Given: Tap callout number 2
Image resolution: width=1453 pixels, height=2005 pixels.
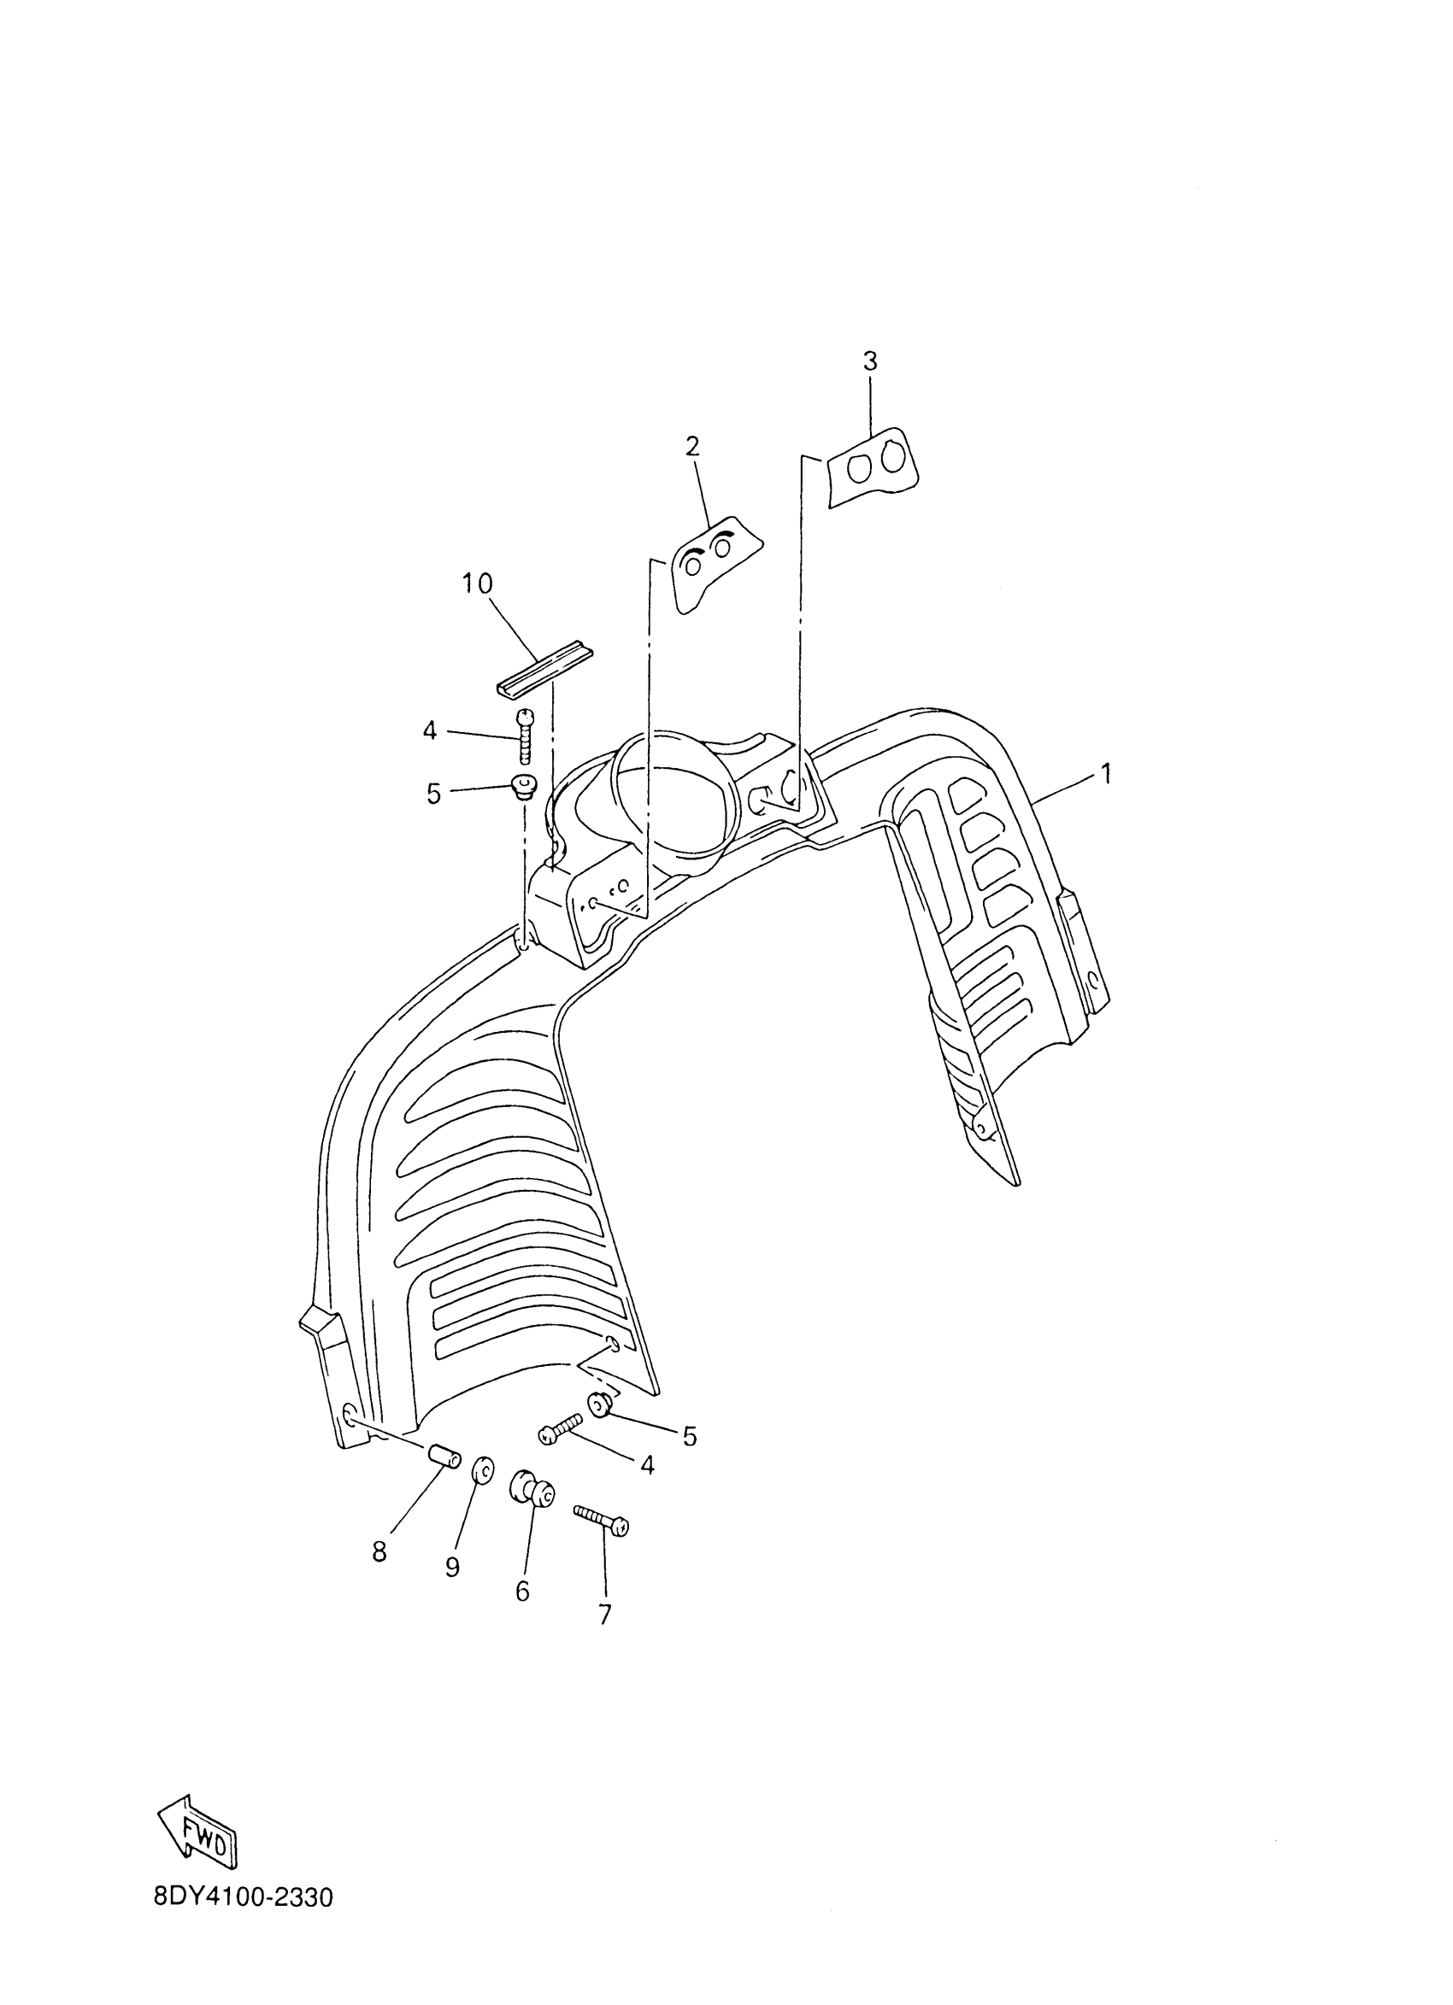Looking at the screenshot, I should pyautogui.click(x=692, y=447).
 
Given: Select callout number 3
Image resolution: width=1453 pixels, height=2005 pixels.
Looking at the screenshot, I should pyautogui.click(x=870, y=361).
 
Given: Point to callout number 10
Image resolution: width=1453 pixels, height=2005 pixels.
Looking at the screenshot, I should pyautogui.click(x=478, y=583).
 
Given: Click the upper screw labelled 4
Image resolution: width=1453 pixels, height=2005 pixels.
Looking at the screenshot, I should pyautogui.click(x=526, y=735).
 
